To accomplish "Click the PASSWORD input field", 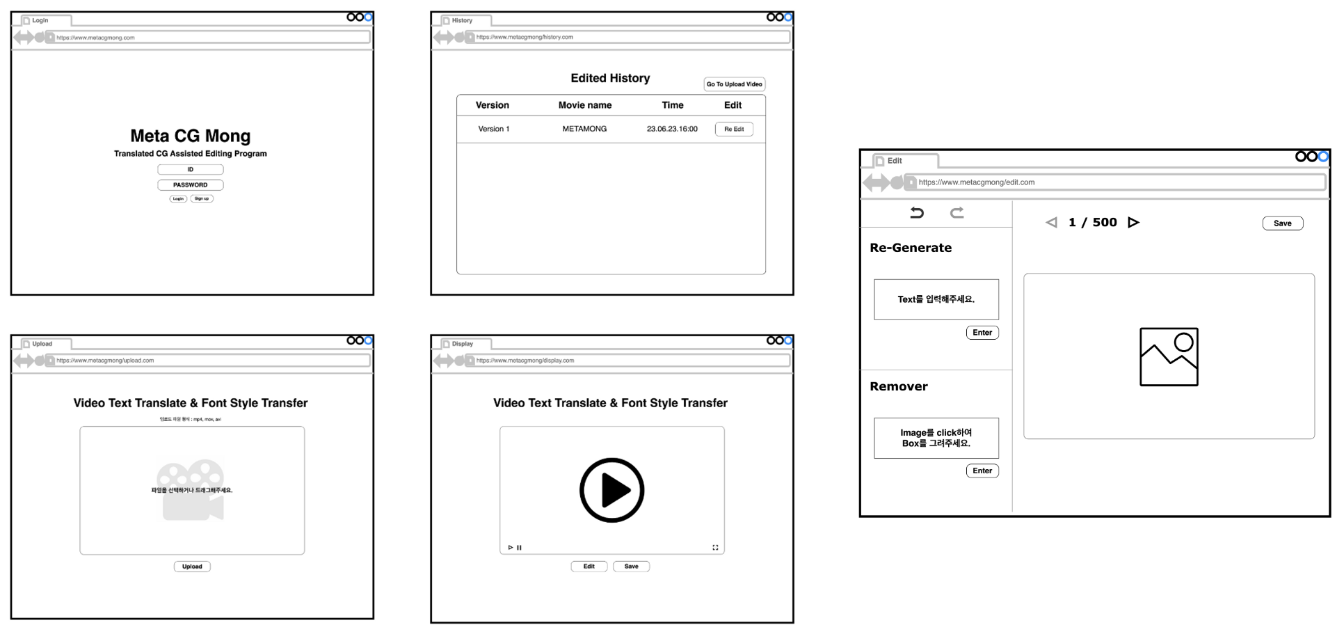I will (190, 185).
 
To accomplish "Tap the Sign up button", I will (202, 199).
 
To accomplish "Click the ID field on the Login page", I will (190, 170).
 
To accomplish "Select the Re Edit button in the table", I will (734, 129).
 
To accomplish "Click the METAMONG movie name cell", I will (584, 129).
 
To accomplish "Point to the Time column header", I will (672, 105).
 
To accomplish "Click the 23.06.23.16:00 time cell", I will (672, 129).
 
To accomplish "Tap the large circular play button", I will (611, 490).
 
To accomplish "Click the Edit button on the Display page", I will (589, 567).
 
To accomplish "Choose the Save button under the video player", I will (631, 567).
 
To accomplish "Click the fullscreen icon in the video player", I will (715, 548).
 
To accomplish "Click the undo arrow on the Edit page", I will (917, 213).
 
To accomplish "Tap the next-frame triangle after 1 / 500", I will (1133, 223).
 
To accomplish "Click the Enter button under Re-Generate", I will (982, 333).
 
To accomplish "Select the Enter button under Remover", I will (982, 471).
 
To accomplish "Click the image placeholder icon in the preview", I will (1169, 357).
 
